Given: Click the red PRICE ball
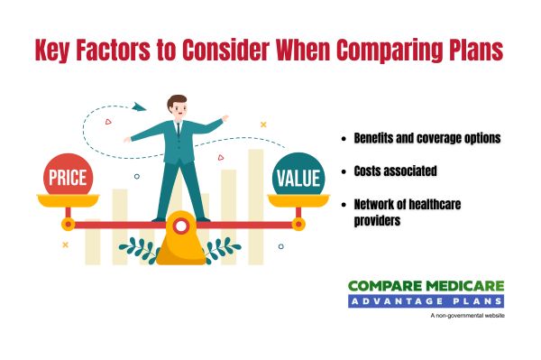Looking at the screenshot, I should click(x=68, y=177).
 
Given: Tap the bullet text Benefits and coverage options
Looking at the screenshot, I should click(x=427, y=141).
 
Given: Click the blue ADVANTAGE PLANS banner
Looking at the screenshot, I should click(x=426, y=301).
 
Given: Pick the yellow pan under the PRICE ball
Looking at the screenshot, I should click(x=69, y=202).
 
